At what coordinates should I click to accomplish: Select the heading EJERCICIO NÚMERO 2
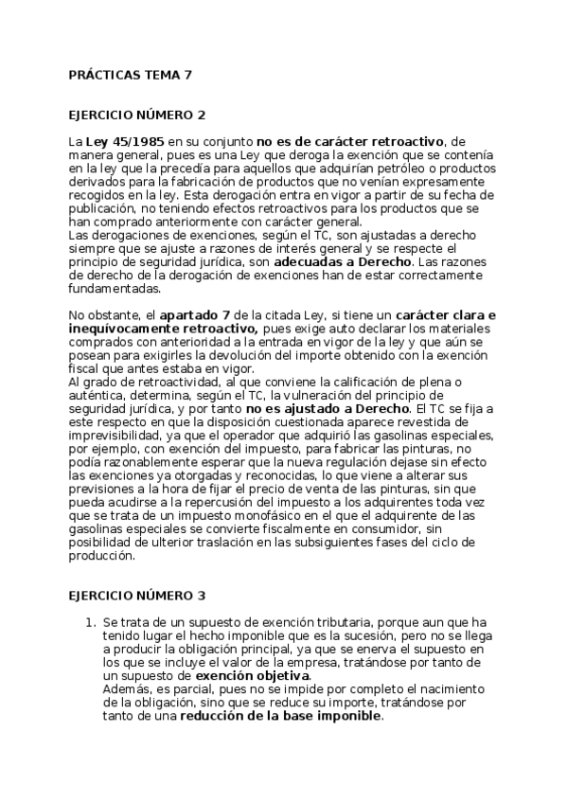(x=137, y=115)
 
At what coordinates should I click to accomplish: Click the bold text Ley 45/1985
(x=119, y=140)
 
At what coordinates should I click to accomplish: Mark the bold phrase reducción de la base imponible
(x=281, y=716)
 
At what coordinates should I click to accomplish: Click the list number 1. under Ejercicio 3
(x=90, y=621)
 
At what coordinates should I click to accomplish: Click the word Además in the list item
(x=126, y=689)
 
